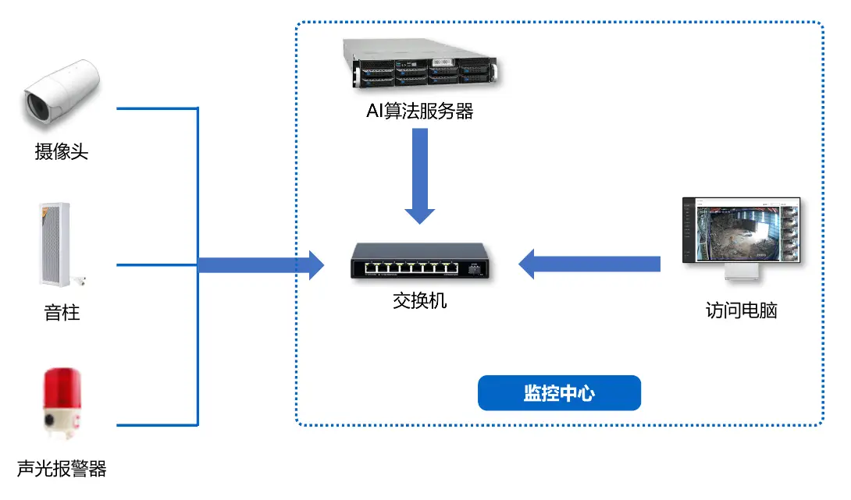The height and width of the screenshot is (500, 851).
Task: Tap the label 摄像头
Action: coord(62,151)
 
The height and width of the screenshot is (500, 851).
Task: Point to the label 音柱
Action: coord(62,313)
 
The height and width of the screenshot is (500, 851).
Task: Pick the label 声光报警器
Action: coord(62,469)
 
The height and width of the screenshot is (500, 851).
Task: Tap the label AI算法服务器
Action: coord(420,112)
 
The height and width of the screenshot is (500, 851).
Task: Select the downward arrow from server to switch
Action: coord(420,176)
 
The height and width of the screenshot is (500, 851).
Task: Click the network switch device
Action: coord(419,261)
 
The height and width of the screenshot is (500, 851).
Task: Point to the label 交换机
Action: coord(420,300)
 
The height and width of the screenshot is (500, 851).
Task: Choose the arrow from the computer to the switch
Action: coord(589,264)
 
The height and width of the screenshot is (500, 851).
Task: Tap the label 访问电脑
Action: coord(741,310)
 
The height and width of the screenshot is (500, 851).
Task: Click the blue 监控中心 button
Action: coord(559,393)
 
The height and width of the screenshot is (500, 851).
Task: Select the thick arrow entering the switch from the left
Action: coord(262,264)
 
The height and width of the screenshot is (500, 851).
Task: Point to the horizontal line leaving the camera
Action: coord(156,108)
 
